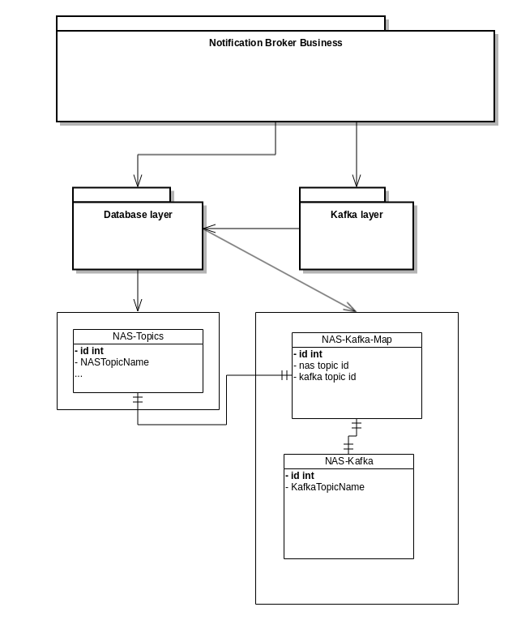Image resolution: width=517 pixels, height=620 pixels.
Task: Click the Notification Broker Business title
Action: [x=276, y=43]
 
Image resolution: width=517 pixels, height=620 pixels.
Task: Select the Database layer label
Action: [x=138, y=215]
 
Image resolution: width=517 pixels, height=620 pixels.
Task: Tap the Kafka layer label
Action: [x=357, y=215]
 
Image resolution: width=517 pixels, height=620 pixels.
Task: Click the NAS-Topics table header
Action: [x=138, y=336]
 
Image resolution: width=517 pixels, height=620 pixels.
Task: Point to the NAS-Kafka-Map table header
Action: [x=357, y=340]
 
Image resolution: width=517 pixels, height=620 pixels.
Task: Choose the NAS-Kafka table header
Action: [x=348, y=461]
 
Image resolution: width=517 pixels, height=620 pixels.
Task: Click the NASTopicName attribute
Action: [x=114, y=362]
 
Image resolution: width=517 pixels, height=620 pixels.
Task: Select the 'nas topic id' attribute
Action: [x=323, y=366]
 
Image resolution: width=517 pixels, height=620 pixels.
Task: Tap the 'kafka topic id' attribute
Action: [x=327, y=377]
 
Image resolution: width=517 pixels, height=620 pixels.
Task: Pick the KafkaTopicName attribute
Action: [x=327, y=487]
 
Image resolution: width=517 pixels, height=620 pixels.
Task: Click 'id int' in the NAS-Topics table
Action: [x=91, y=351]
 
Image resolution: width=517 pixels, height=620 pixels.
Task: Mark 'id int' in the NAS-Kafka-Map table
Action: [x=310, y=354]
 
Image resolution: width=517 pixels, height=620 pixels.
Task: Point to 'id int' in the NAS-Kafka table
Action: [x=301, y=476]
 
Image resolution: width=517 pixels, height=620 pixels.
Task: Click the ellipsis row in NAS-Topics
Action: [x=79, y=374]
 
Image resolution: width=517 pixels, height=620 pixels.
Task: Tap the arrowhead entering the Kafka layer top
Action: [x=357, y=181]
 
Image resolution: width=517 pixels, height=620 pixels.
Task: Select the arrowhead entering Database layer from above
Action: [x=138, y=181]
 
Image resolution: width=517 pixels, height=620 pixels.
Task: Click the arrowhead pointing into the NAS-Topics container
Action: [x=138, y=305]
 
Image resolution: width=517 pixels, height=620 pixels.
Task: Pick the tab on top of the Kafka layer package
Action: [x=342, y=195]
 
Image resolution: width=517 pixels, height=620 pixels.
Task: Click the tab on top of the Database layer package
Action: [x=122, y=195]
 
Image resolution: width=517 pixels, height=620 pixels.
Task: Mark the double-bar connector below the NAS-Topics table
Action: [x=138, y=399]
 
